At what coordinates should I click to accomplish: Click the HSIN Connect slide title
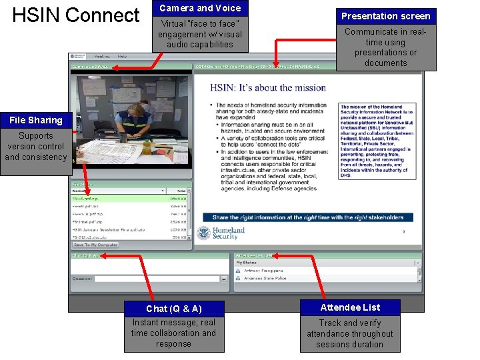76,15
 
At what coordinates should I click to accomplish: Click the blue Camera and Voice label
200,8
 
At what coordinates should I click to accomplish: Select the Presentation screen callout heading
385,15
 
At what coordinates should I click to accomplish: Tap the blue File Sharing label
36,120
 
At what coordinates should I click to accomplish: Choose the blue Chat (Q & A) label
173,308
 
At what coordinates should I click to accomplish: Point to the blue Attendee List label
350,307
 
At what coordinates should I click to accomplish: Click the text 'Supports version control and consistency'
36,147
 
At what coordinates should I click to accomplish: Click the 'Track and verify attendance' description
350,333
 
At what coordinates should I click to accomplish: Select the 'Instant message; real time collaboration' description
173,333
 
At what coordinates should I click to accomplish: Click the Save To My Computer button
95,245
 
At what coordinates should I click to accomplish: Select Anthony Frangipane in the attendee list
263,271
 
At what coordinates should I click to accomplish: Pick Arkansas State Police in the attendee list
265,278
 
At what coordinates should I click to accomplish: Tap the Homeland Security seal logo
203,233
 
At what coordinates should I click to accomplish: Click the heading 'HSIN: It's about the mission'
268,87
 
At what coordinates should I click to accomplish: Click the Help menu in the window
123,57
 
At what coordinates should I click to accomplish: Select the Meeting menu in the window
102,57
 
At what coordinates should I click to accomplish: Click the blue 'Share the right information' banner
307,217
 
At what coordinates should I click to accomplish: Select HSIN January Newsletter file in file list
109,230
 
